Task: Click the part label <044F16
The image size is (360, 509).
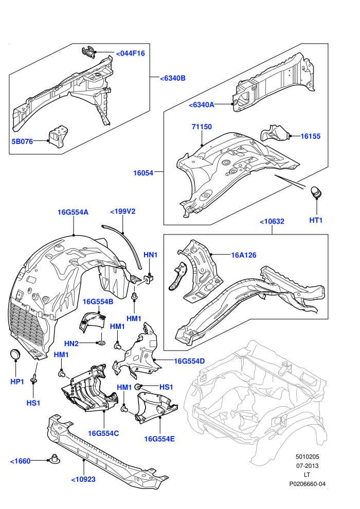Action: tap(130, 53)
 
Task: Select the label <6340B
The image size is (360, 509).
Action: tap(173, 78)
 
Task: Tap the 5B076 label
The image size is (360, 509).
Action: tap(23, 141)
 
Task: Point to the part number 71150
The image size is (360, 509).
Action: tap(202, 126)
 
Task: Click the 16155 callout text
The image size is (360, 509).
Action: tap(310, 136)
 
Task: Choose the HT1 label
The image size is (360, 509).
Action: tap(316, 220)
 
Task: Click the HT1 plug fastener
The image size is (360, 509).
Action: tap(316, 192)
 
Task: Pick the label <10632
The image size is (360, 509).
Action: tap(272, 222)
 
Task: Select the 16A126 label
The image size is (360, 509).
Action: tap(243, 255)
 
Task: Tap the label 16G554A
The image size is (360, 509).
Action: tap(73, 212)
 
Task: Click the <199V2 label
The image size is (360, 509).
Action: tap(123, 211)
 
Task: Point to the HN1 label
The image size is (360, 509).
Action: tap(150, 255)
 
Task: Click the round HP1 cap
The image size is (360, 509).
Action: tap(15, 354)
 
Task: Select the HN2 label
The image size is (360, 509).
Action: tap(71, 343)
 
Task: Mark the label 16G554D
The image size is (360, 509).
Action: tap(190, 361)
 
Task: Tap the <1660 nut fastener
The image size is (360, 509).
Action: tap(54, 459)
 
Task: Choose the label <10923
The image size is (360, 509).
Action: tap(83, 480)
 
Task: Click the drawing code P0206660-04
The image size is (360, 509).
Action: tap(308, 484)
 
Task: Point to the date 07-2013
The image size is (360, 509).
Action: tap(308, 466)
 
